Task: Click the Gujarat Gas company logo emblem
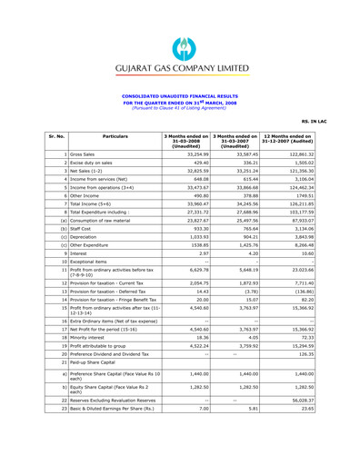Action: [178, 20]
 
